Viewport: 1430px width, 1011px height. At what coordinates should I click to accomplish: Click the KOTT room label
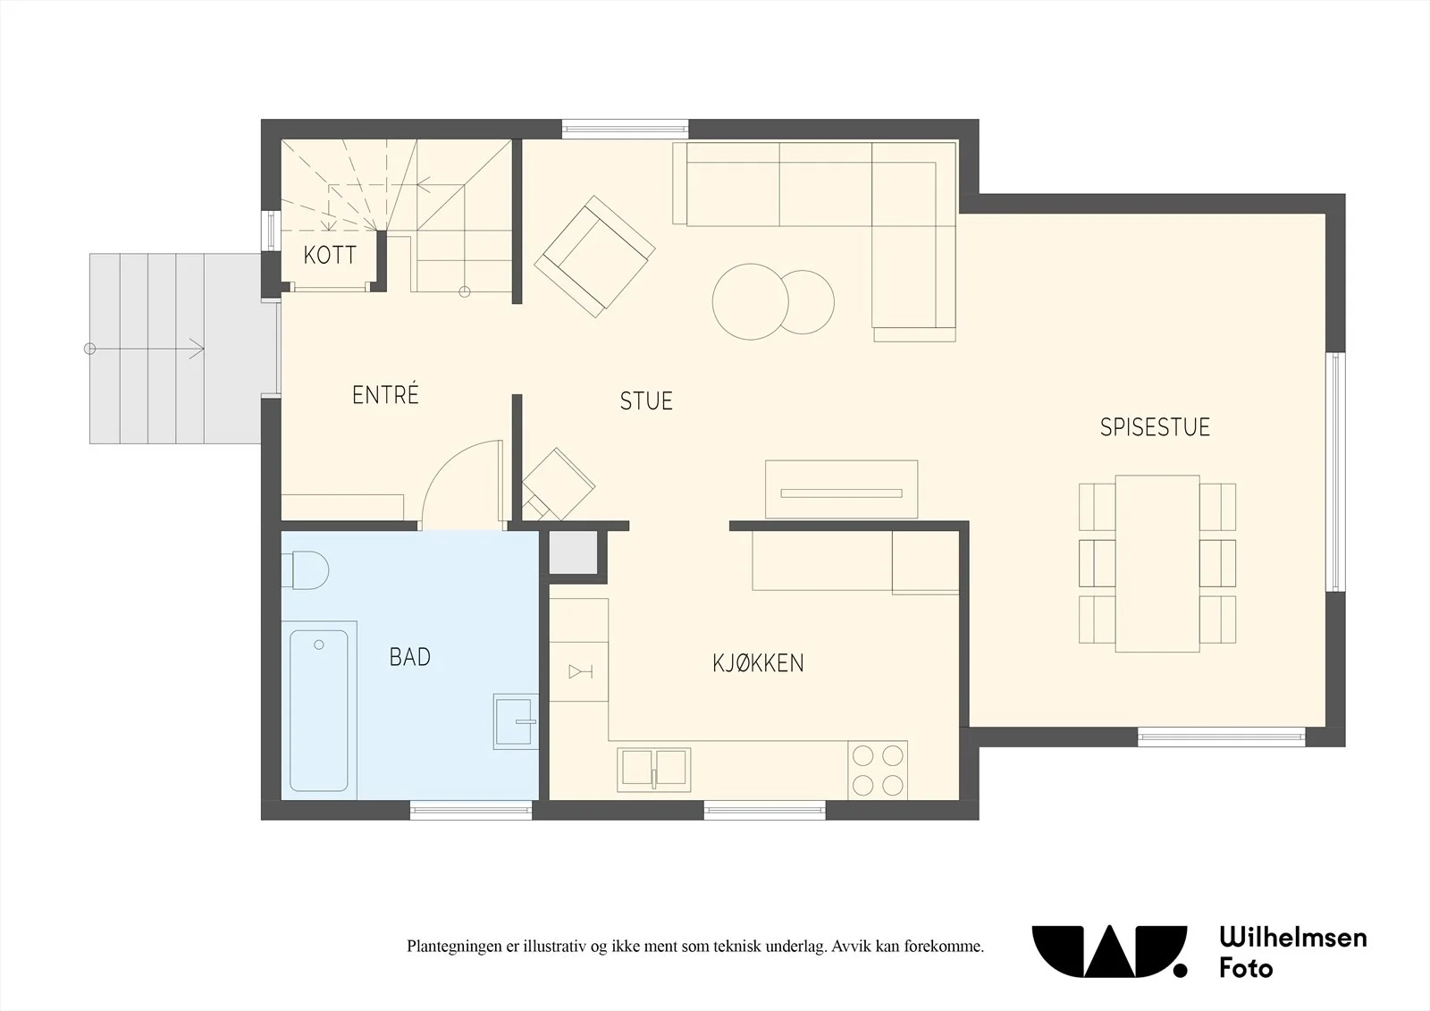[330, 256]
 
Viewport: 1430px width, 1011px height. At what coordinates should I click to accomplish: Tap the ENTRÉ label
[385, 394]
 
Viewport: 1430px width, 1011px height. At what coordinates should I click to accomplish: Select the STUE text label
[646, 401]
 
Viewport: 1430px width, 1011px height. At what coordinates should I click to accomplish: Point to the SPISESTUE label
[1155, 427]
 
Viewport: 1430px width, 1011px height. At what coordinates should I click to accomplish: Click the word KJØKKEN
[759, 663]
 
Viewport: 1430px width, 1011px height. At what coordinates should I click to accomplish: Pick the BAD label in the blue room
[410, 657]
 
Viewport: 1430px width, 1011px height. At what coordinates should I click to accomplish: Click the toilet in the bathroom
[305, 570]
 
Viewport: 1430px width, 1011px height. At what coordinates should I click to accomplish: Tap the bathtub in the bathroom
[319, 710]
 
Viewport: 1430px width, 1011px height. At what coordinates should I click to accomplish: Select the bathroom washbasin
[516, 721]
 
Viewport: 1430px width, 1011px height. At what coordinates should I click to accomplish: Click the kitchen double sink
[653, 770]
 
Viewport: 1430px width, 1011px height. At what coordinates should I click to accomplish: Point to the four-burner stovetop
[878, 771]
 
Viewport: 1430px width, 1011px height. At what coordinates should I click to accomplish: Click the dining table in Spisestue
[1157, 564]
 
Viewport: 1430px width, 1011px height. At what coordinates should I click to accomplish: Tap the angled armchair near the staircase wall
[594, 257]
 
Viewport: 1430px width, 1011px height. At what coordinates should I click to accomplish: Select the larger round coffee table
[751, 301]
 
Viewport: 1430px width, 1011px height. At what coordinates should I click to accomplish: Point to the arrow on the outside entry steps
[144, 349]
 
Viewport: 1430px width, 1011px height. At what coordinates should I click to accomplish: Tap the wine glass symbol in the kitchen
[580, 671]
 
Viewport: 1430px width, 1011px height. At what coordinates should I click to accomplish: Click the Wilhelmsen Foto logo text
[1292, 952]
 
